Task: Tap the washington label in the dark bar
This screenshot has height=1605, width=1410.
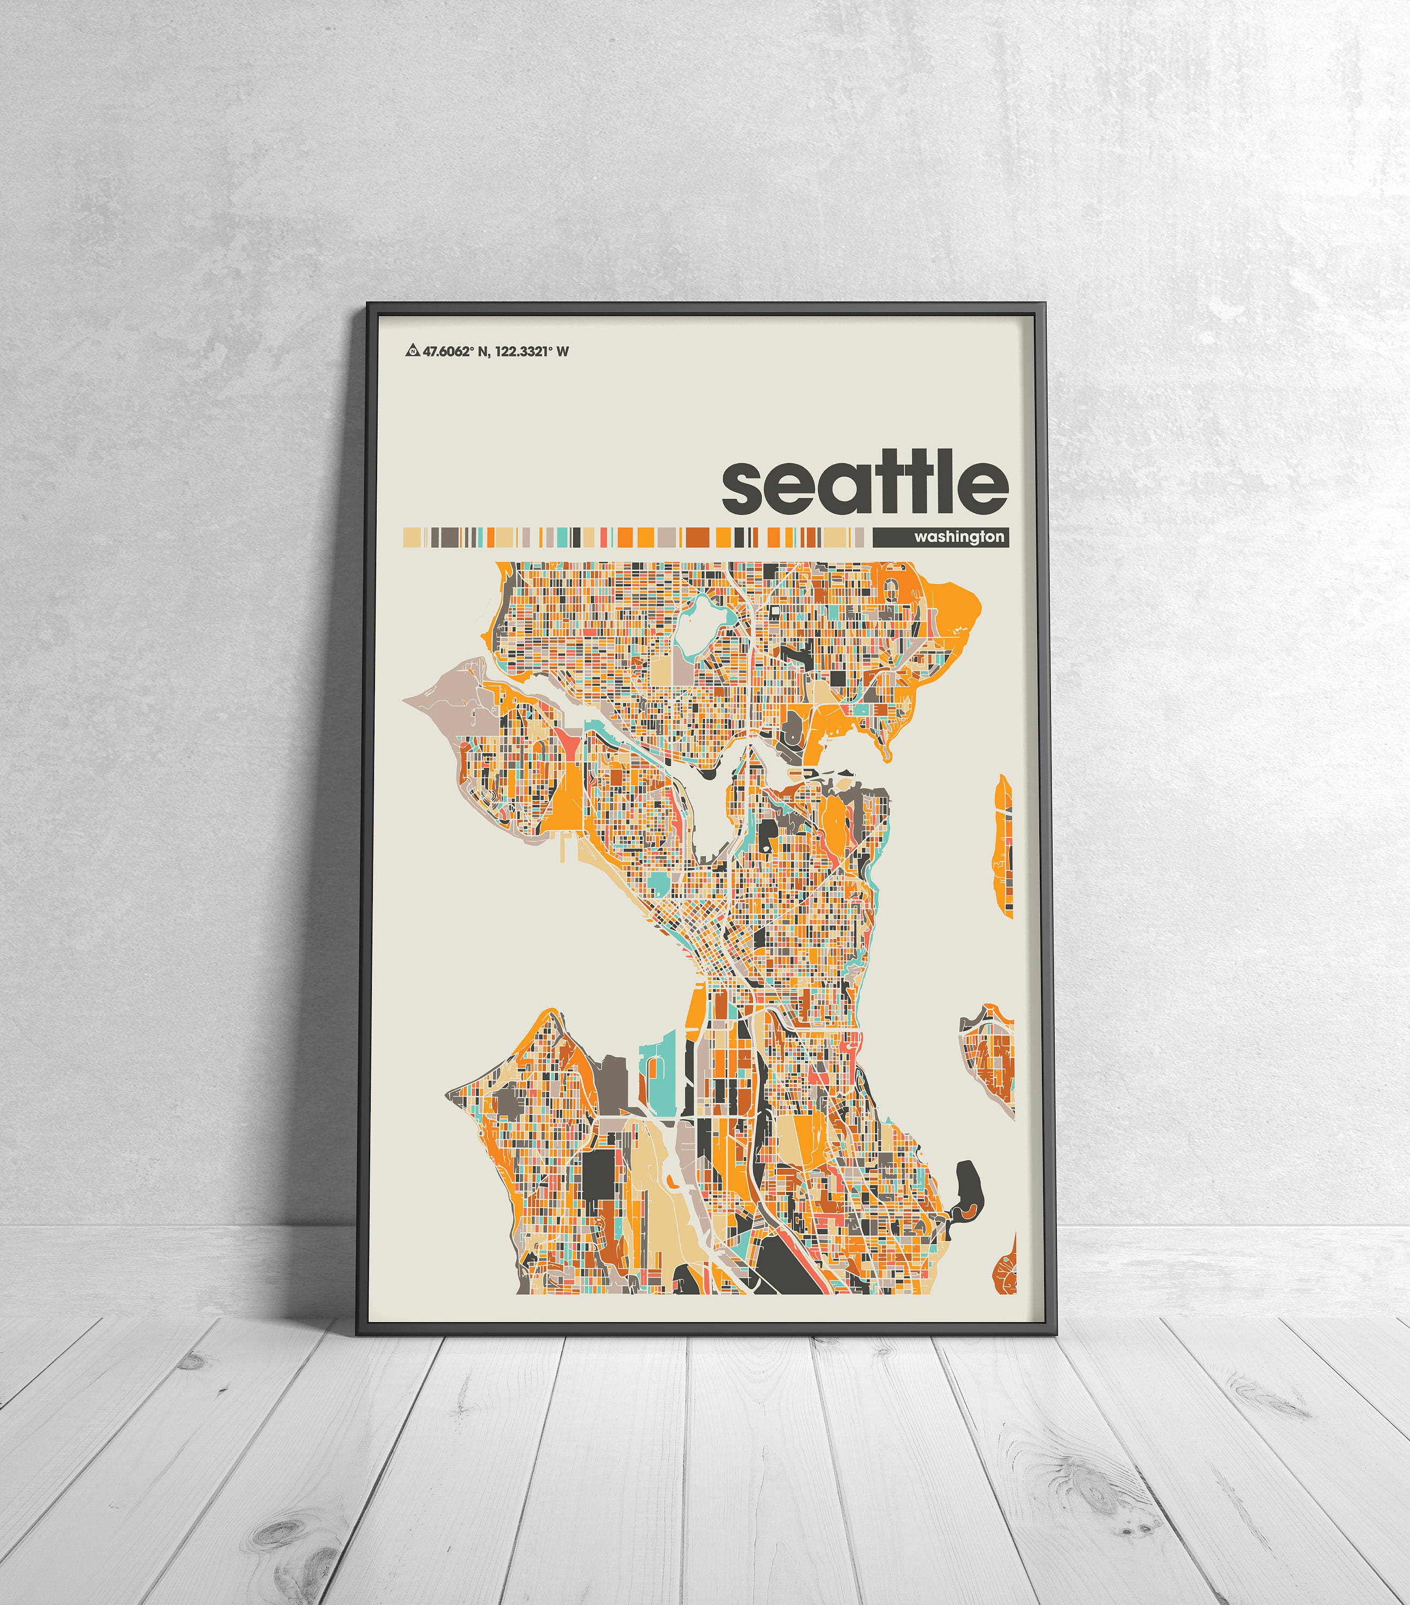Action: click(x=958, y=536)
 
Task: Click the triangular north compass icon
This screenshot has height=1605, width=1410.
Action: click(x=411, y=351)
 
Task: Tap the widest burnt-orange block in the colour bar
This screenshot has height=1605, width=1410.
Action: click(x=697, y=537)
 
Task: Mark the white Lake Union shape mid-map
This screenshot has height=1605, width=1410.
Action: click(x=711, y=816)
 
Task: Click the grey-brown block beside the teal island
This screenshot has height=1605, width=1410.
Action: click(x=613, y=1083)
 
